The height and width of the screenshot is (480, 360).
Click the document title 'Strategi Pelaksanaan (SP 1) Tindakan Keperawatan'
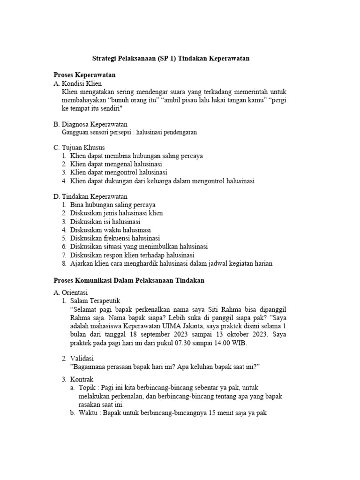[x=170, y=59]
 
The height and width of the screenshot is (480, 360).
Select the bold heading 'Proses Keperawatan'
[x=84, y=75]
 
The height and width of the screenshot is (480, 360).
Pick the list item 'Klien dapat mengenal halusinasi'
[x=116, y=164]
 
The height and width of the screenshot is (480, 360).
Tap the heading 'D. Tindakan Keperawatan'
[x=90, y=197]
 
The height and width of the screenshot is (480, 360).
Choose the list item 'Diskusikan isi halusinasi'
[x=105, y=221]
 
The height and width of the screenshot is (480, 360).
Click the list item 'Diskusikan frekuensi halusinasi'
[x=115, y=238]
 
